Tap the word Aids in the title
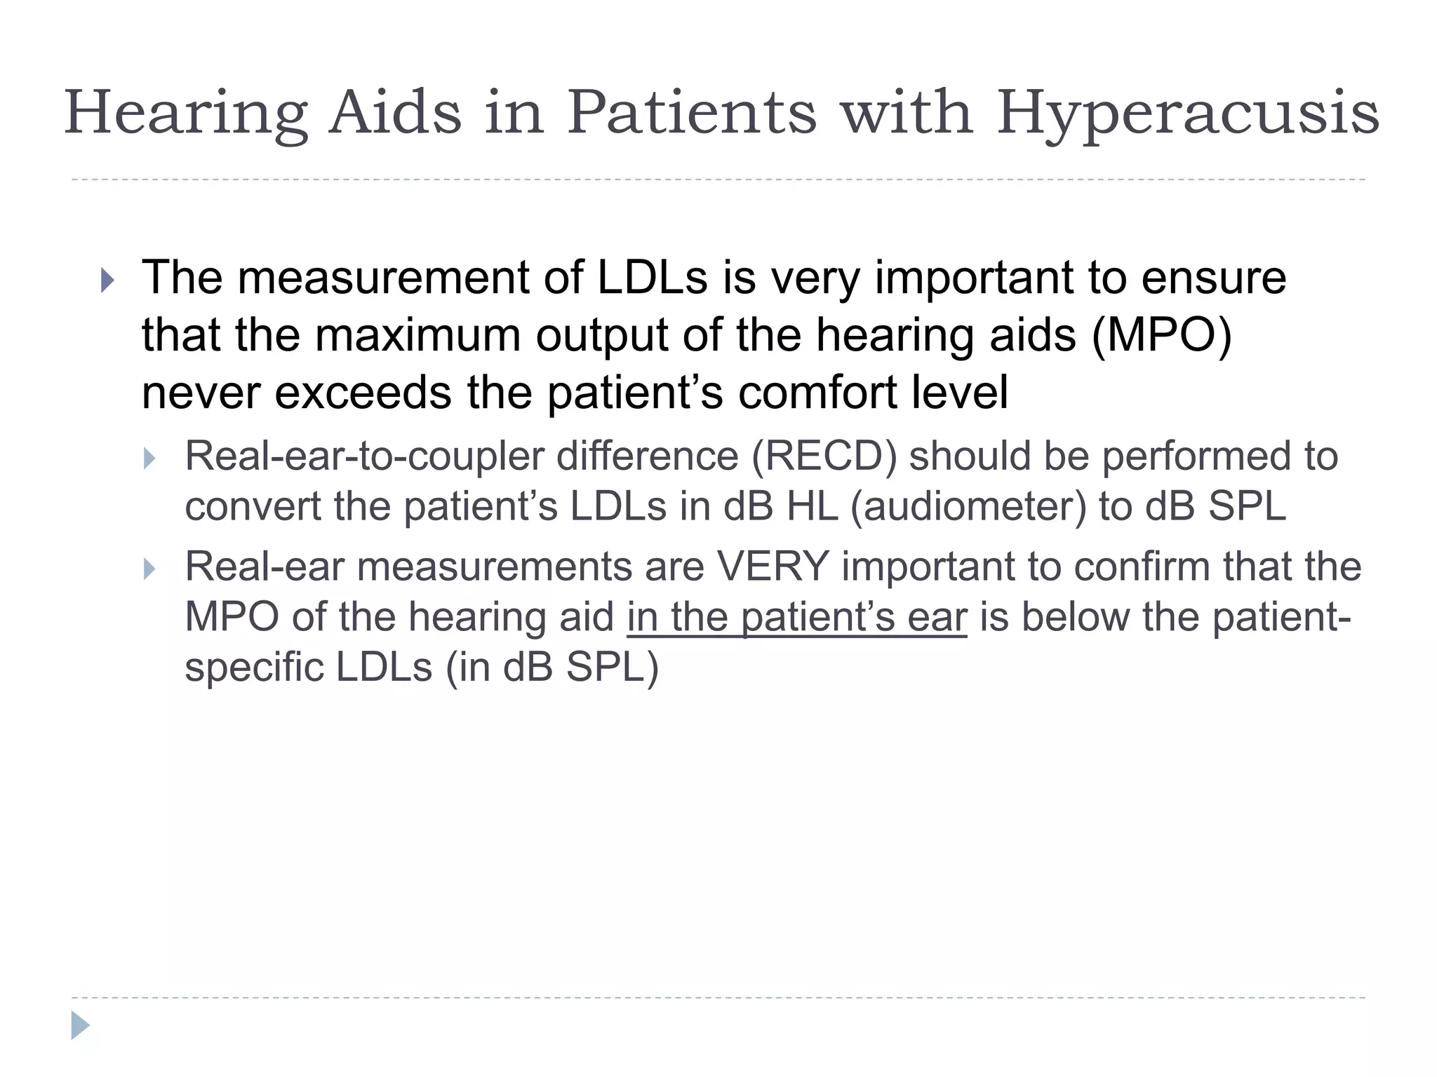[x=396, y=112]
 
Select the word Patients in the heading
[x=692, y=112]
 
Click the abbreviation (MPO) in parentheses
[x=1161, y=335]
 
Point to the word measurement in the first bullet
[x=383, y=278]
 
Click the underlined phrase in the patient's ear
[x=796, y=618]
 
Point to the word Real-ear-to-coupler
[x=365, y=456]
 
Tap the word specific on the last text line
[x=253, y=668]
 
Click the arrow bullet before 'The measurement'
[x=107, y=280]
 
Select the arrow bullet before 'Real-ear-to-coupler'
[x=149, y=459]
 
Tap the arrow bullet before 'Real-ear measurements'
[x=149, y=569]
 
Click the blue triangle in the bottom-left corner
[x=80, y=1025]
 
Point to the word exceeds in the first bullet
[x=363, y=392]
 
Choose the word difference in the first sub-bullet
[x=648, y=456]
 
